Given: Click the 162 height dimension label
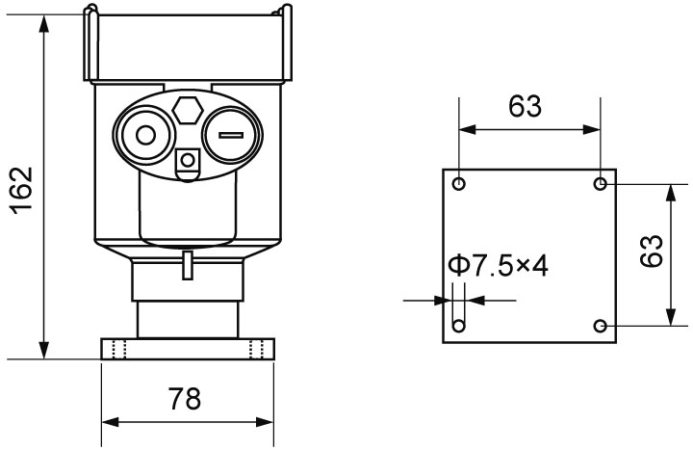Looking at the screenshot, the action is pos(22,190).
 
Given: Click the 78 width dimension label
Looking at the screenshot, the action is pos(184,398).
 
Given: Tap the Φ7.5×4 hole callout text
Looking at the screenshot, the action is pos(498,266).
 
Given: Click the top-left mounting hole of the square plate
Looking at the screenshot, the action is pos(459,183).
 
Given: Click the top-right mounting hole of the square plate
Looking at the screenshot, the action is pos(600,183).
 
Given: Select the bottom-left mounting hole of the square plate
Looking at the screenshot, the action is pos(459,326).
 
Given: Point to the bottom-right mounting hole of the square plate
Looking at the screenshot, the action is pos(600,326).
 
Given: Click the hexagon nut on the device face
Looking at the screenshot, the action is pos(188,110).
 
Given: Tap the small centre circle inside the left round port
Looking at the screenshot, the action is pos(145,135).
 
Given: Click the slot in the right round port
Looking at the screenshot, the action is pos(231,135).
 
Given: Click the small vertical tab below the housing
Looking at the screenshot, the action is pos(188,265).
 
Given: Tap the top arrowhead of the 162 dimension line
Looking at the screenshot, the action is pos(43,23).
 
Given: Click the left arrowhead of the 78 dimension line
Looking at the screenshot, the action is pos(111,422).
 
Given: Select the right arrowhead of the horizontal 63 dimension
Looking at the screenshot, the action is pos(591,130).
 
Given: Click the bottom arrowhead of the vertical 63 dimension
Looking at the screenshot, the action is pos(672,317).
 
